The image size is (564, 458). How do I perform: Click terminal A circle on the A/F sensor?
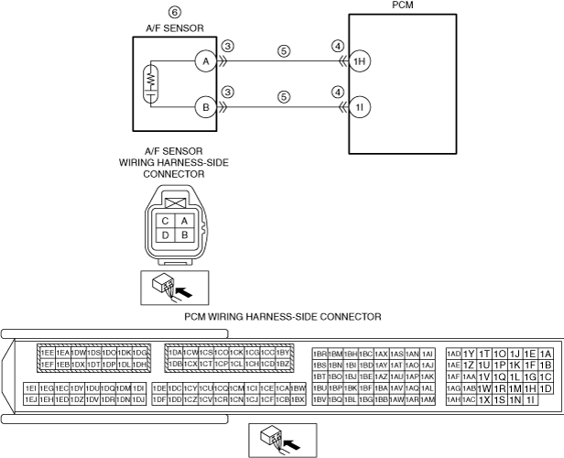(203, 61)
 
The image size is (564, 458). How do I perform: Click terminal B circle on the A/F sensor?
(203, 108)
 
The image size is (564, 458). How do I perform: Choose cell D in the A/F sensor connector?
(165, 235)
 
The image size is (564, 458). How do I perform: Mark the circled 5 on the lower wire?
(284, 95)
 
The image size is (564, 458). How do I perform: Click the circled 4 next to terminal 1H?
(338, 46)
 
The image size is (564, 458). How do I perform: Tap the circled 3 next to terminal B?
(229, 93)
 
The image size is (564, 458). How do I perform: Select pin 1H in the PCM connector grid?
(529, 387)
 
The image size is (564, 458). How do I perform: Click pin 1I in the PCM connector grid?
(529, 399)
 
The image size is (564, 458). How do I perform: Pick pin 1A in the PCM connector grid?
(546, 354)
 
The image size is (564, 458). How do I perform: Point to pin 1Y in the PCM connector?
(469, 354)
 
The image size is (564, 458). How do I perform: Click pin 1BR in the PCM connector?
(320, 354)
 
